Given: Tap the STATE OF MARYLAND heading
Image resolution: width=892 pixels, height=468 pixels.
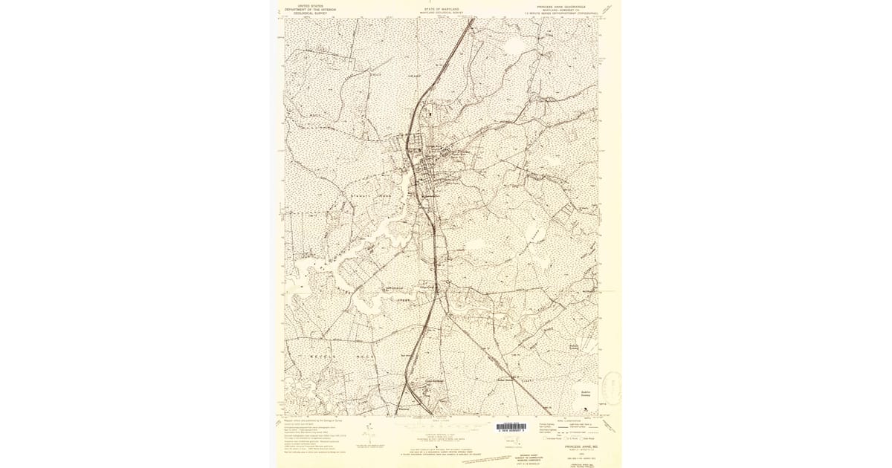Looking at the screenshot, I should click(442, 10).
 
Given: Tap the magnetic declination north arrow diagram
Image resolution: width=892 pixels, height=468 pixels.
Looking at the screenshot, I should click(369, 435).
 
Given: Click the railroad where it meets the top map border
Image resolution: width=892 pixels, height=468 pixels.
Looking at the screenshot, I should click(472, 20).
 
